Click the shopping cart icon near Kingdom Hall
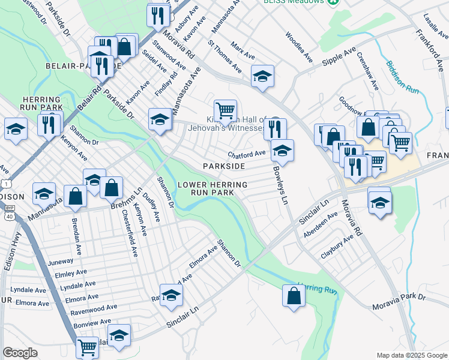pyautogui.click(x=225, y=110)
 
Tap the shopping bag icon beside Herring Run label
pyautogui.click(x=293, y=296)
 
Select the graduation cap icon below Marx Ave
pyautogui.click(x=262, y=76)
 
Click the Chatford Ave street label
pyautogui.click(x=246, y=154)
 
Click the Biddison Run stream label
pyautogui.click(x=402, y=76)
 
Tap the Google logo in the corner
pyautogui.click(x=20, y=353)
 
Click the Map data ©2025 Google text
pyautogui.click(x=411, y=355)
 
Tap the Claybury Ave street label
pyautogui.click(x=337, y=247)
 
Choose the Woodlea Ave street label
pyautogui.click(x=299, y=47)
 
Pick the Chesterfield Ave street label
pyautogui.click(x=129, y=233)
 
